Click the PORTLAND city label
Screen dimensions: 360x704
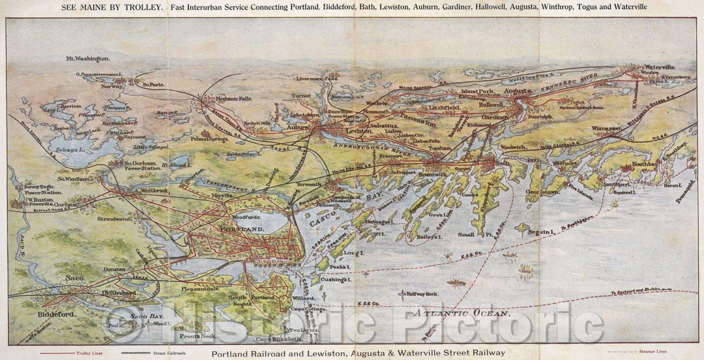[x=242, y=230]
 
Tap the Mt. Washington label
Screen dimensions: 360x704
[x=88, y=59]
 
